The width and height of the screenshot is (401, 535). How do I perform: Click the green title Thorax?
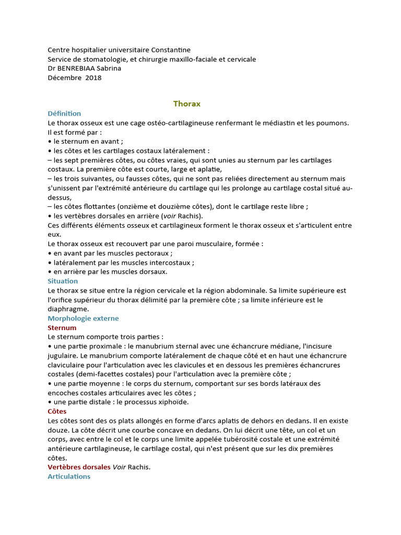[187, 103]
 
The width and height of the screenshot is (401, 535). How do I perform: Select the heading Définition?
[64, 113]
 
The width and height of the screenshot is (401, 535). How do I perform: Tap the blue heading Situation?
[63, 281]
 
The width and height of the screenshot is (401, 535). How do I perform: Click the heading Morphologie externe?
[83, 318]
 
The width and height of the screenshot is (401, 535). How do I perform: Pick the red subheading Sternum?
[62, 328]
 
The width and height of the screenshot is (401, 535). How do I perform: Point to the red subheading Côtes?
[57, 411]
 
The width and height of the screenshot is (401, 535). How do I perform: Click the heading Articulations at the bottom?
[69, 476]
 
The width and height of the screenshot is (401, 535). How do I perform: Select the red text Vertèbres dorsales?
[79, 467]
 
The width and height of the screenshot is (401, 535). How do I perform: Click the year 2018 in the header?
[93, 78]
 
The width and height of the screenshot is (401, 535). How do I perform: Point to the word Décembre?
[64, 78]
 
